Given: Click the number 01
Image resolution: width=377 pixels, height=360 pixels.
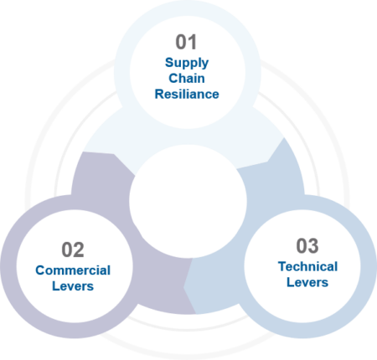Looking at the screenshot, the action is click(186, 42).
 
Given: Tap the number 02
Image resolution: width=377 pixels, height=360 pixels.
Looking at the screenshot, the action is click(73, 249).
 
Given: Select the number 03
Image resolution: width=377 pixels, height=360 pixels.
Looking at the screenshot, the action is click(307, 246).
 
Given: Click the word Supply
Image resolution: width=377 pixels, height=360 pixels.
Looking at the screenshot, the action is click(187, 63).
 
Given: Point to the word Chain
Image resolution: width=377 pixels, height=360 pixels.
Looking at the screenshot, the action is click(187, 79).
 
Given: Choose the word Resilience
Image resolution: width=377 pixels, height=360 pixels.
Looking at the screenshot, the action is click(187, 95).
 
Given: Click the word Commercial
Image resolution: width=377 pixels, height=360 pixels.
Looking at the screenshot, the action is click(73, 270).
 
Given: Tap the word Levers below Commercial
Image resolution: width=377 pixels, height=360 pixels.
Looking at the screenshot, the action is click(73, 286).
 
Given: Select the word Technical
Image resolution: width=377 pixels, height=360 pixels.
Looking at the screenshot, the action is click(307, 266).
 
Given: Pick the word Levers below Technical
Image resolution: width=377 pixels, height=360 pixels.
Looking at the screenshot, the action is click(307, 282).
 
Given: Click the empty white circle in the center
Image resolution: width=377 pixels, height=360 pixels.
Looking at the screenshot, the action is click(188, 201).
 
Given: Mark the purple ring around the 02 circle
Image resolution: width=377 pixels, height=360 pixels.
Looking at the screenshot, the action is click(8, 266).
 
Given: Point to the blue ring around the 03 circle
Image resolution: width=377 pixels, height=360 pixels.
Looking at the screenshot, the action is click(369, 266).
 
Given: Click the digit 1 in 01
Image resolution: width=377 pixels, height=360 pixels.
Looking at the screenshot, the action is click(192, 42).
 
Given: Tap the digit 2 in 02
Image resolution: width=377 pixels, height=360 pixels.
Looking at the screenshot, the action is click(79, 249).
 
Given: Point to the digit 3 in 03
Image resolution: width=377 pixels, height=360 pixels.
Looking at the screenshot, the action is click(313, 246).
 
